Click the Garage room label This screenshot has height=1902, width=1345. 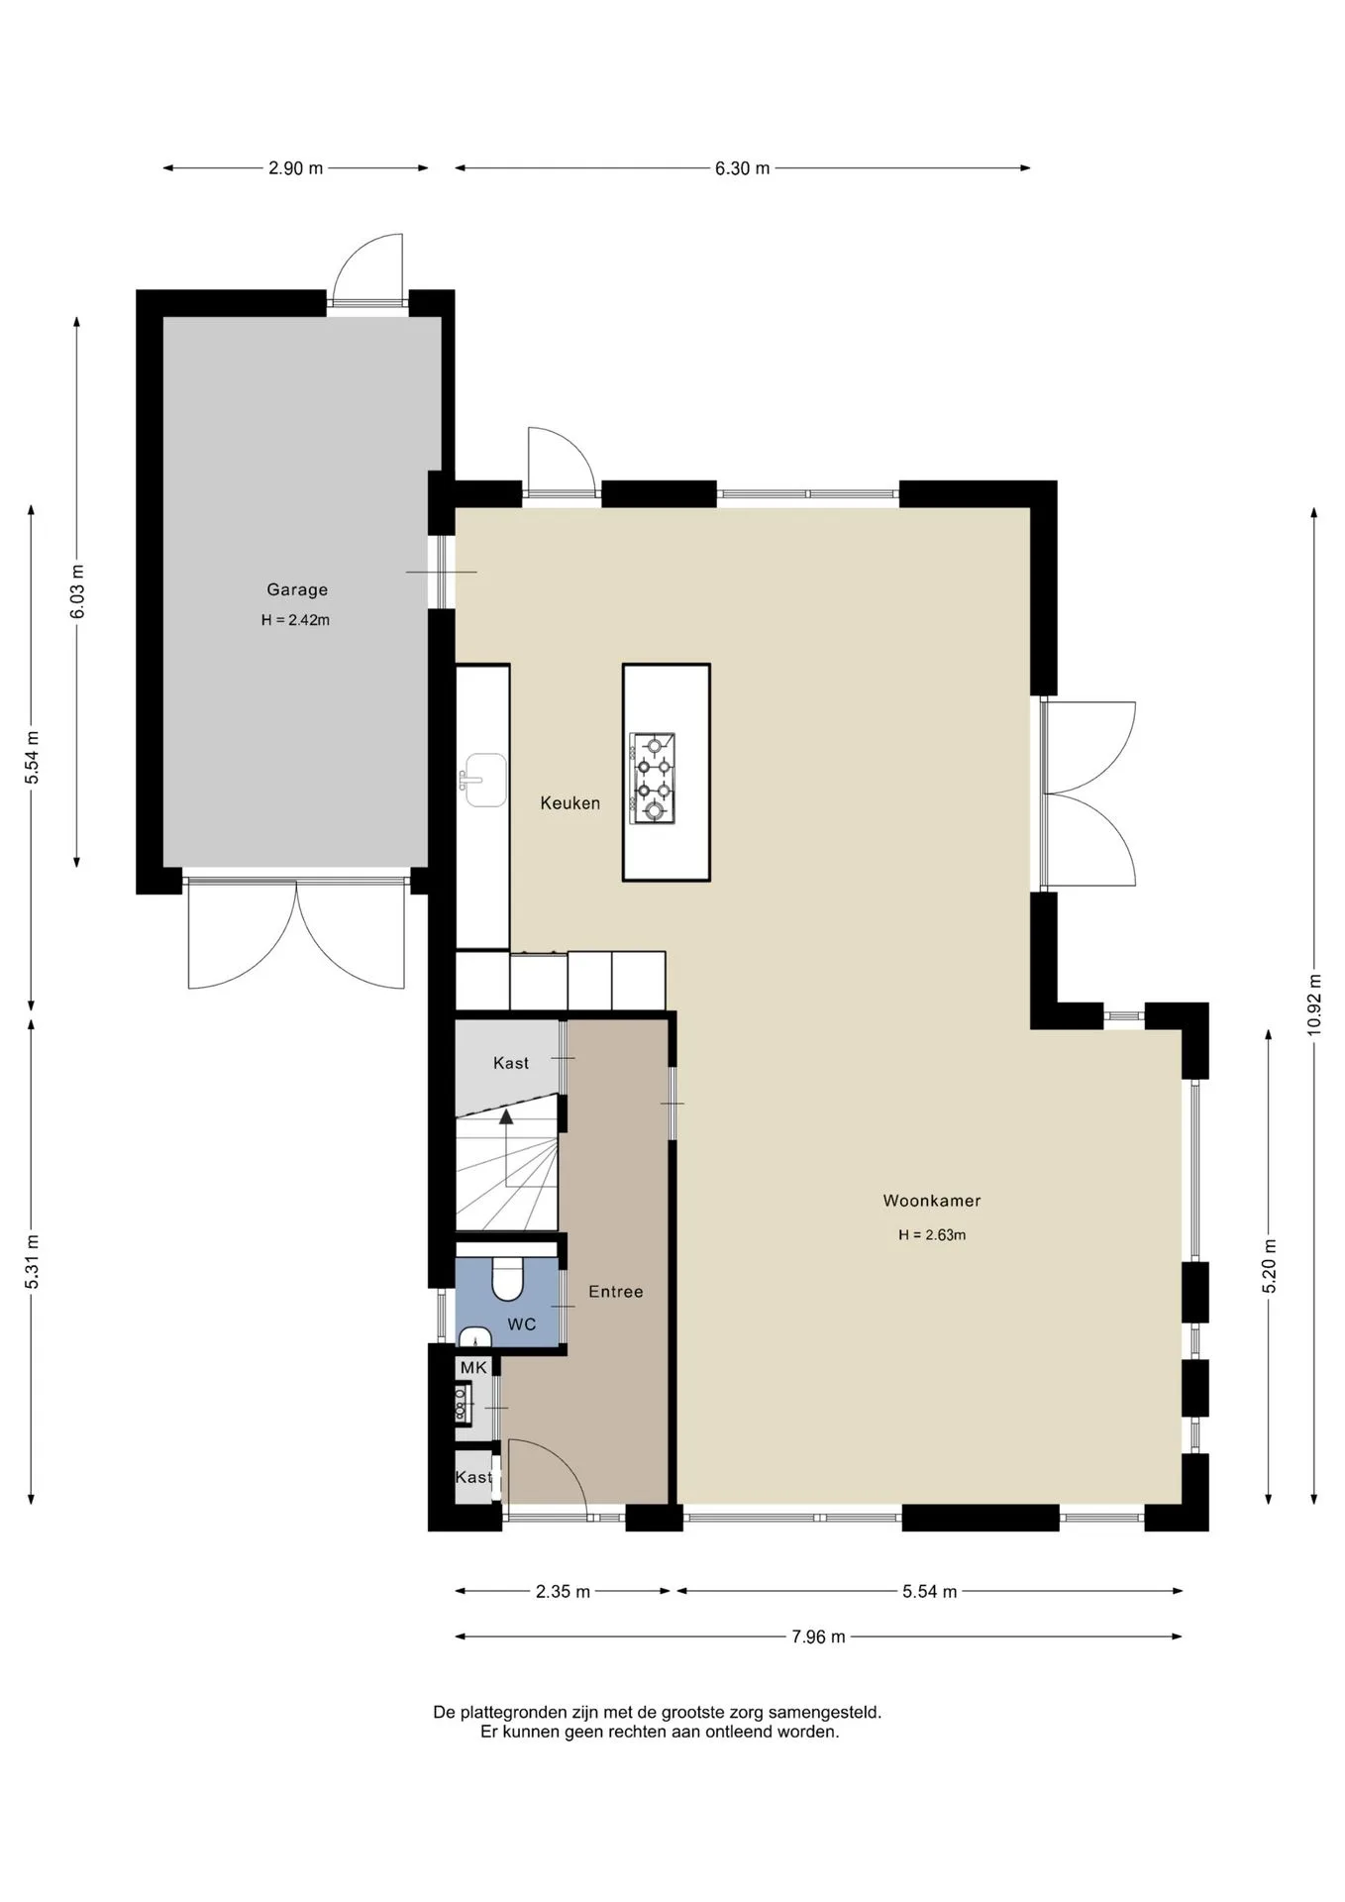[x=297, y=589]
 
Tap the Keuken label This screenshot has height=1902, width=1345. [x=570, y=803]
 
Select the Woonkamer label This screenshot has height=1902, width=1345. [x=932, y=1201]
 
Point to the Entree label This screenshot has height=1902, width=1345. [x=616, y=1292]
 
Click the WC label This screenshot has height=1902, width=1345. [x=522, y=1324]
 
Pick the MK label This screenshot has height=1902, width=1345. [x=473, y=1368]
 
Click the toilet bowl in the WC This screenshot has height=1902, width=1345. [x=508, y=1279]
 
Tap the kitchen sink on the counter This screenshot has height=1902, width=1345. [x=482, y=781]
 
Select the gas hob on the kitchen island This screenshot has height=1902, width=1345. [x=653, y=779]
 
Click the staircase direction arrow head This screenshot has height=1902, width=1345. [x=506, y=1116]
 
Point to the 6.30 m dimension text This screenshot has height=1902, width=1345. [x=743, y=168]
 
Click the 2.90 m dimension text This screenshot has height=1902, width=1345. [x=295, y=168]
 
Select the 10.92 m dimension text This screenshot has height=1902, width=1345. [x=1314, y=1004]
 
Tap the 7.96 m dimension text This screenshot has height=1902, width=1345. [x=818, y=1637]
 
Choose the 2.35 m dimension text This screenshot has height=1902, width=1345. [x=563, y=1592]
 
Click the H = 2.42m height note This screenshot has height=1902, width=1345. [x=295, y=620]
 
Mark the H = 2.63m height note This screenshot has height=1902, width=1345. [x=932, y=1235]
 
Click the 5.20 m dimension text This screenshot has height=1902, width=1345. [x=1270, y=1266]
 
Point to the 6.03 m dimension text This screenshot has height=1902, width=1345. [x=77, y=591]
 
